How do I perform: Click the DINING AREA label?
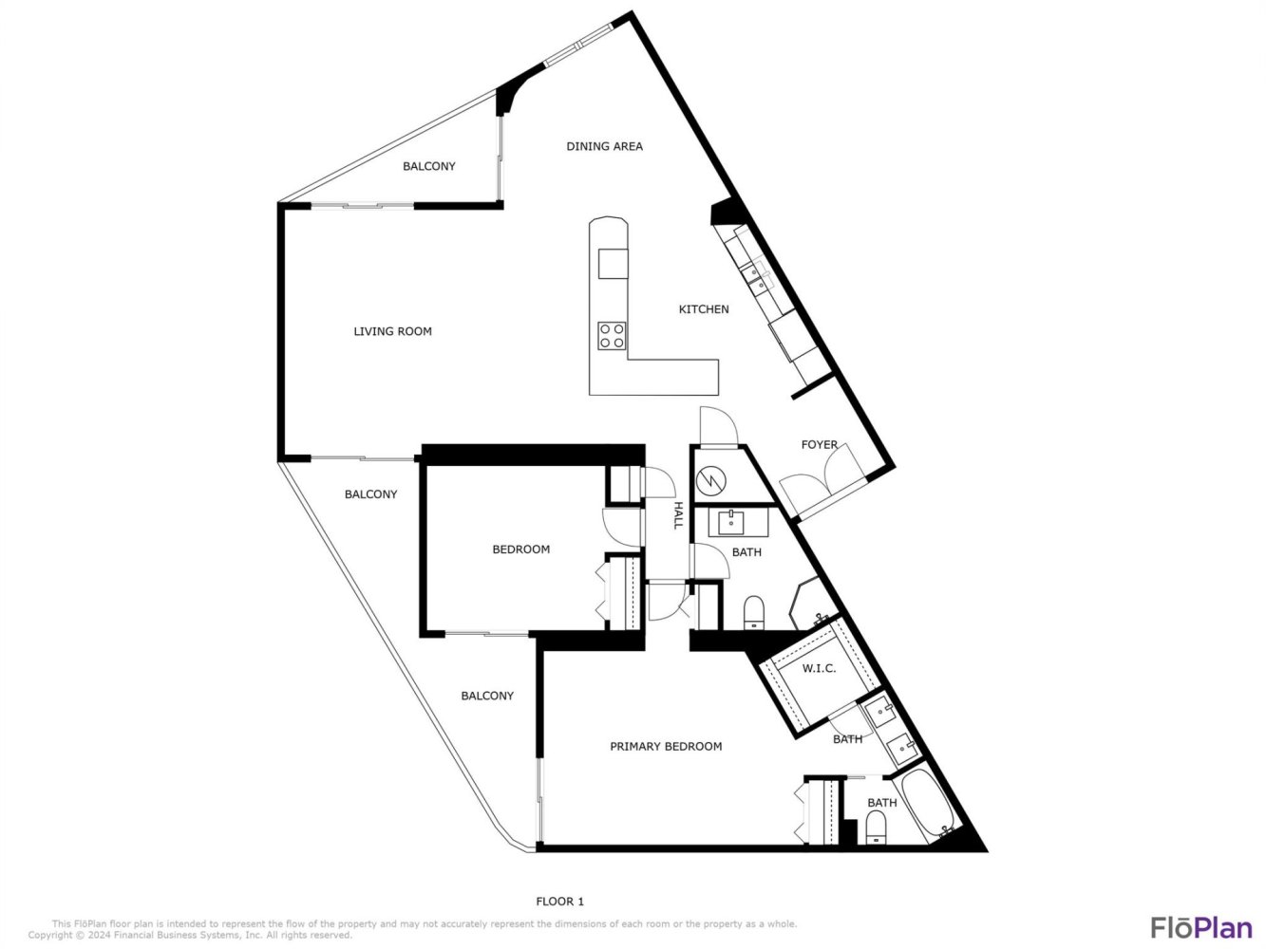(x=604, y=146)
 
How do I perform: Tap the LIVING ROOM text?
(x=392, y=331)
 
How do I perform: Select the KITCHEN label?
(x=704, y=309)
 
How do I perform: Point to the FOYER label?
(x=819, y=445)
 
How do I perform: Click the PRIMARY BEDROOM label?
(x=666, y=746)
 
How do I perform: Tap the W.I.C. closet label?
(x=819, y=669)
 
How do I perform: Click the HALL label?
(x=678, y=515)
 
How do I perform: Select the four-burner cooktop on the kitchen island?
(x=612, y=335)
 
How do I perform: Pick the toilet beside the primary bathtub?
(x=876, y=828)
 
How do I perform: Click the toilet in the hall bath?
(x=753, y=612)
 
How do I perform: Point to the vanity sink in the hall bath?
(x=731, y=522)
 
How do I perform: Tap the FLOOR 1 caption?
(x=559, y=902)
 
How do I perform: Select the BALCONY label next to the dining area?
(x=428, y=166)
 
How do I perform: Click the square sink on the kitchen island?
(x=614, y=264)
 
